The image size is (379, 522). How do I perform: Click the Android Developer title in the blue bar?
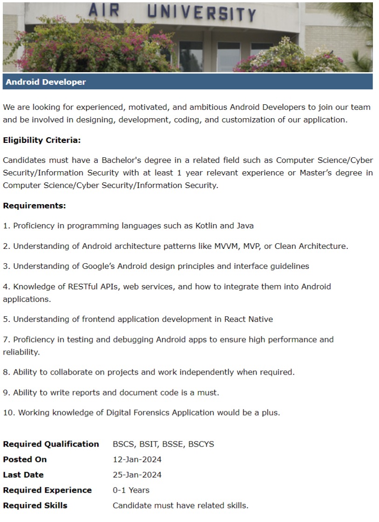tap(46, 82)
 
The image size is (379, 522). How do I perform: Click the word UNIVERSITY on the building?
tap(202, 13)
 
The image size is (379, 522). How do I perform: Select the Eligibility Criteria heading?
tap(42, 140)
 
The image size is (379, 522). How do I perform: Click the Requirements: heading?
tap(34, 205)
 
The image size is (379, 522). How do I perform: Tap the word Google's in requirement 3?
tap(100, 266)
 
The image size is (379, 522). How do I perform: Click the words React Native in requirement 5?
tap(249, 319)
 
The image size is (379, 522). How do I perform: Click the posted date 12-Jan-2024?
tap(137, 459)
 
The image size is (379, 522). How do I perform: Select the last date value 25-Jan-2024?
tap(137, 475)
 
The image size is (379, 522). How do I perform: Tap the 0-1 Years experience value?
tap(131, 490)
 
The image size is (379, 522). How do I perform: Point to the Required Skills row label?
tap(35, 505)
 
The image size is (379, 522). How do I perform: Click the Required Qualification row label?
tap(51, 444)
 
